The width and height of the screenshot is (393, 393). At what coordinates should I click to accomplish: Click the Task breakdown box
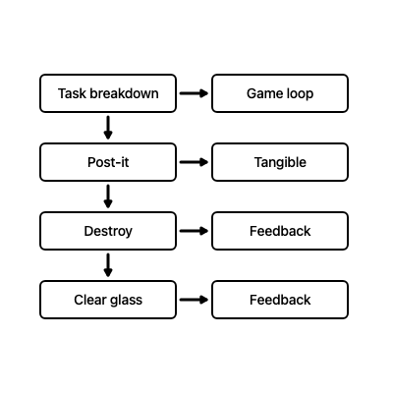tap(108, 93)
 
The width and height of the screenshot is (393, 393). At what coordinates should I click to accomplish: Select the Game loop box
tap(280, 93)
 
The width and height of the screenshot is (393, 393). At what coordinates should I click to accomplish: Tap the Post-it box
tap(108, 162)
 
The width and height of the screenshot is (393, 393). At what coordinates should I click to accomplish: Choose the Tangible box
tap(280, 162)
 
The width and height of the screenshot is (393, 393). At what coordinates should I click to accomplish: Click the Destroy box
tap(108, 231)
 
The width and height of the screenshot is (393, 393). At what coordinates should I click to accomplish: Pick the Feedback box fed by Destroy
tap(280, 231)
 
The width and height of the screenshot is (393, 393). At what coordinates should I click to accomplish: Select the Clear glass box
tap(108, 300)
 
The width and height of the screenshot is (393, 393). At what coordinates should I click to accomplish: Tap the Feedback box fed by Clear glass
tap(280, 300)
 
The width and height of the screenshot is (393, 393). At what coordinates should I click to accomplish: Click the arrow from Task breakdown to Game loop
tap(194, 93)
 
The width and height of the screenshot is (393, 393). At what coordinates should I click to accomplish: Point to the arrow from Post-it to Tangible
tap(194, 162)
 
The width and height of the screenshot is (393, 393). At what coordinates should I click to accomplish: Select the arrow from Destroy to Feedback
tap(194, 231)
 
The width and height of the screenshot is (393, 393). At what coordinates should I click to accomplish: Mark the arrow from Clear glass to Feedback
tap(194, 300)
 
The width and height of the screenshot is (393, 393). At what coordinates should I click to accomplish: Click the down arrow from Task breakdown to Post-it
tap(108, 128)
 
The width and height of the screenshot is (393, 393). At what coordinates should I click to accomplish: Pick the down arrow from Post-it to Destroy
tap(108, 196)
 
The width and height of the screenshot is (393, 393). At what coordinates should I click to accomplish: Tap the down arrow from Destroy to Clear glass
tap(108, 265)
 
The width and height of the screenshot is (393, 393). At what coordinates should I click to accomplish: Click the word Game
tap(262, 94)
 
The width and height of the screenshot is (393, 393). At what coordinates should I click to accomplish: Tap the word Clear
tap(90, 301)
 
